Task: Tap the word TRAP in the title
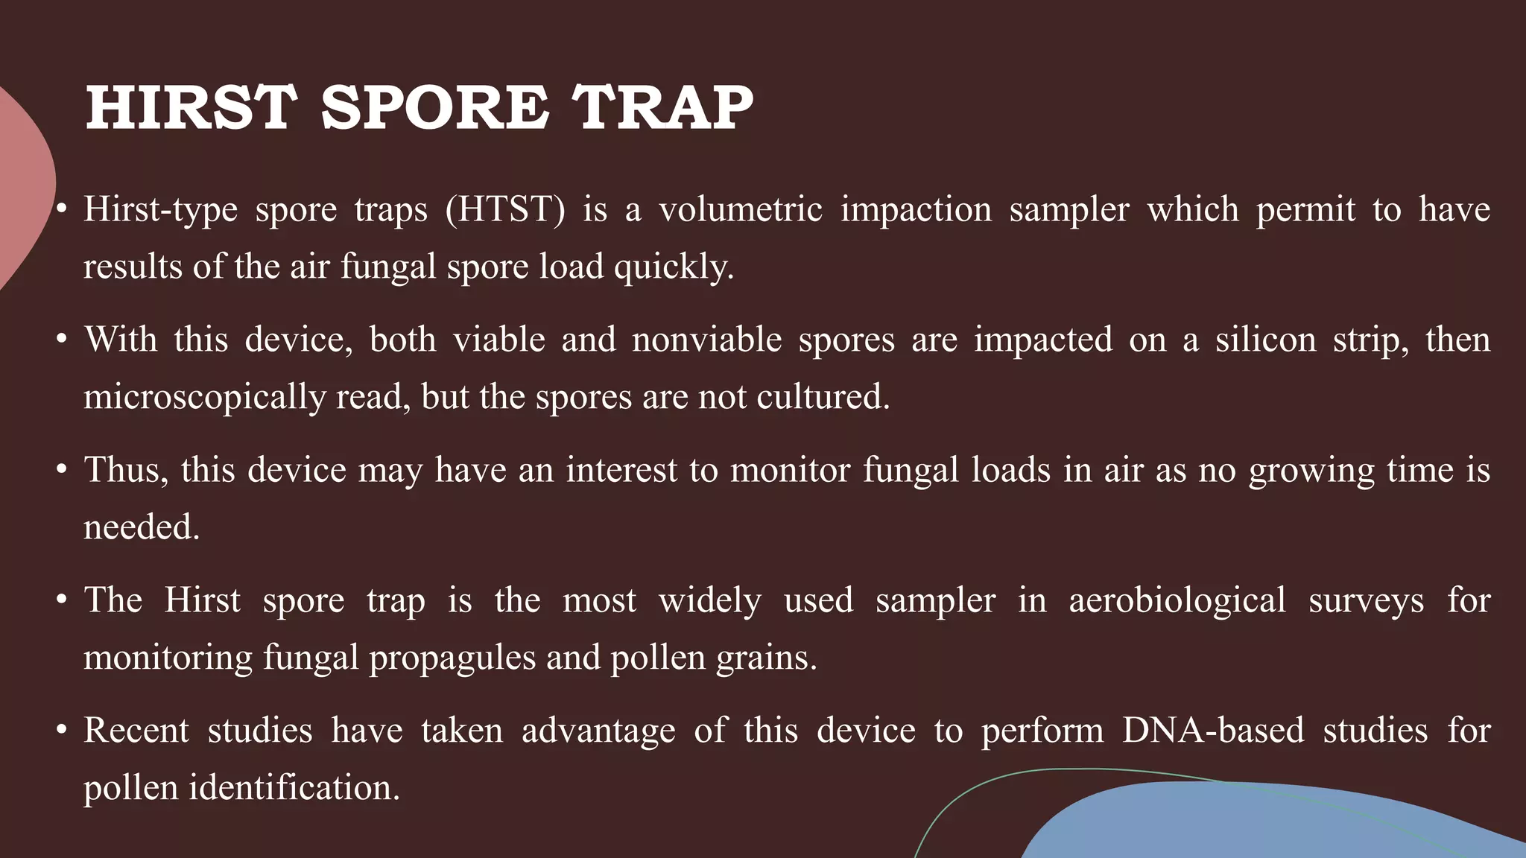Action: point(662,107)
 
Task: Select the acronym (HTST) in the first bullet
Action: point(505,209)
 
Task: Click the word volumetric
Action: point(741,209)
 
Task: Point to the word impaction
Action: point(916,209)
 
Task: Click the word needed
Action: point(141,527)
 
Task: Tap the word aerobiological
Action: point(1177,601)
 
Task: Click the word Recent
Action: point(136,730)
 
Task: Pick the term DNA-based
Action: point(1213,730)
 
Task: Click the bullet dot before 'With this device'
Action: point(63,340)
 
